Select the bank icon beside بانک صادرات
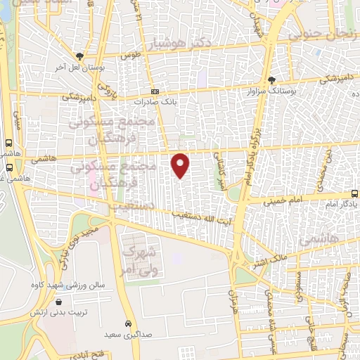click(x=155, y=92)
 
